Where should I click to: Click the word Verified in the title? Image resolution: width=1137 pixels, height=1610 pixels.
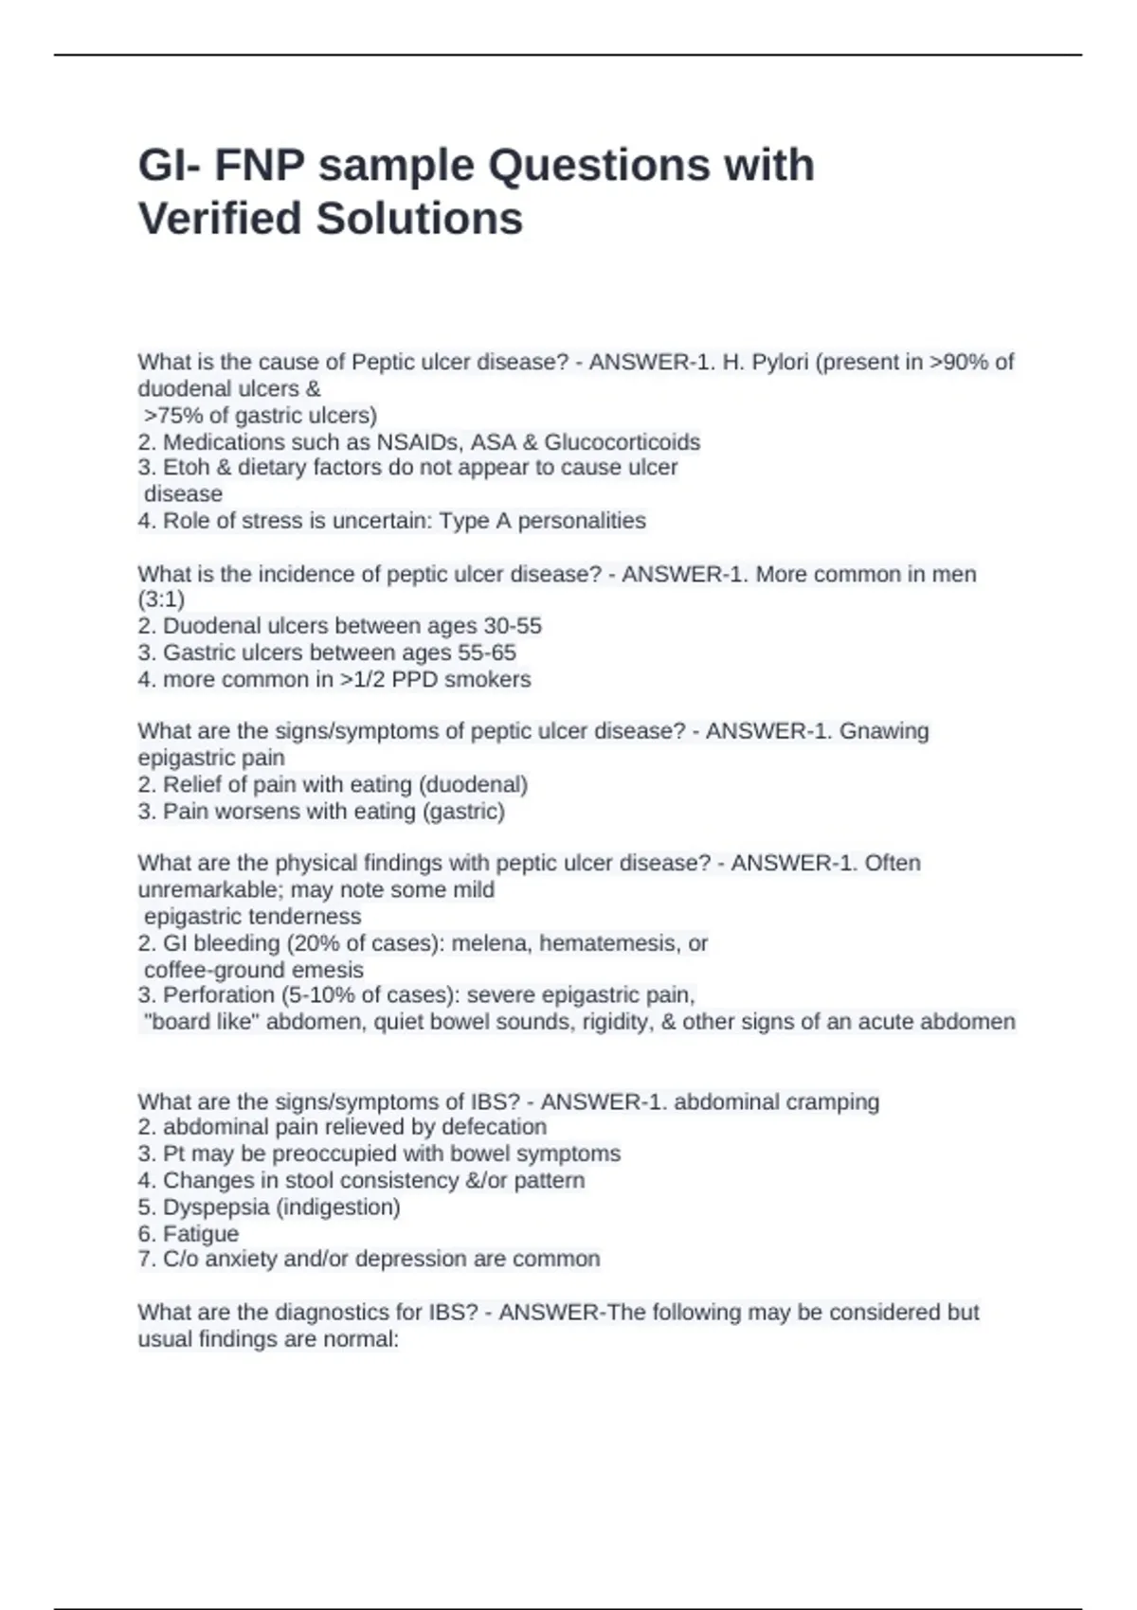(220, 218)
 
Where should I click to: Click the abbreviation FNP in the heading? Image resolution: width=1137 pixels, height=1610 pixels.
(259, 165)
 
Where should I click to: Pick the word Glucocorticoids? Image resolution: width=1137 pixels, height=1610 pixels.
(622, 441)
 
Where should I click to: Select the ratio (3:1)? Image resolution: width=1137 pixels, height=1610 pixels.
(161, 599)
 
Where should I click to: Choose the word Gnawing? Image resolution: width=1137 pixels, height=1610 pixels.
(884, 731)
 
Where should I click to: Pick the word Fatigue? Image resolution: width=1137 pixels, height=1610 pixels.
(201, 1233)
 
